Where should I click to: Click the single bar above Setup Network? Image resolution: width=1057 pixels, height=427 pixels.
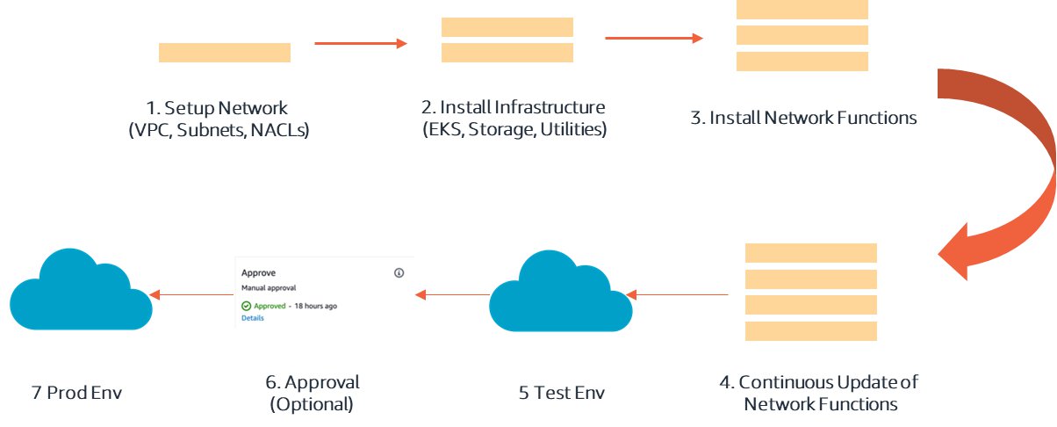pyautogui.click(x=224, y=53)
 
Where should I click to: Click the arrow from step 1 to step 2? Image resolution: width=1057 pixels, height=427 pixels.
pyautogui.click(x=361, y=42)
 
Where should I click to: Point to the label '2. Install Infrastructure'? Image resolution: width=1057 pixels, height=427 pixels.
pyautogui.click(x=514, y=108)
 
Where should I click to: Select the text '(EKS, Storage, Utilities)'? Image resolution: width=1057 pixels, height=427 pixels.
pyautogui.click(x=514, y=130)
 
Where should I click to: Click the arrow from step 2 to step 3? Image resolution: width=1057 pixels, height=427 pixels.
pyautogui.click(x=654, y=38)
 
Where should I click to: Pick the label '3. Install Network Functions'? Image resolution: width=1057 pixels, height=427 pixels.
pyautogui.click(x=803, y=118)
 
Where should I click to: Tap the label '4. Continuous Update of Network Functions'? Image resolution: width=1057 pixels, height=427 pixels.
pyautogui.click(x=821, y=393)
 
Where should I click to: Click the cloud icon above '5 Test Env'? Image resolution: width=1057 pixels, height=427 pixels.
pyautogui.click(x=560, y=294)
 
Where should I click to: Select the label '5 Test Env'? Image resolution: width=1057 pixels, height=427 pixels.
pyautogui.click(x=561, y=392)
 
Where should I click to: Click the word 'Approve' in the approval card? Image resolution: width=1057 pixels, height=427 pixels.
pyautogui.click(x=258, y=273)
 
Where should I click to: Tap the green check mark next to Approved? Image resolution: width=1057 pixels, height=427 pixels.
pyautogui.click(x=247, y=306)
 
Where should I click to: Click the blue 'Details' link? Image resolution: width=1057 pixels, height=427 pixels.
pyautogui.click(x=252, y=318)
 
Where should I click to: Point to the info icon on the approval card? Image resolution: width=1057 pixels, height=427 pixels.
pyautogui.click(x=399, y=273)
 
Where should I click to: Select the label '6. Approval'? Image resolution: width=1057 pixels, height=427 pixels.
pyautogui.click(x=314, y=383)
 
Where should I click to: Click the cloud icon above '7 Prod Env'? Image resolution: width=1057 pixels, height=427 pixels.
pyautogui.click(x=81, y=290)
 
